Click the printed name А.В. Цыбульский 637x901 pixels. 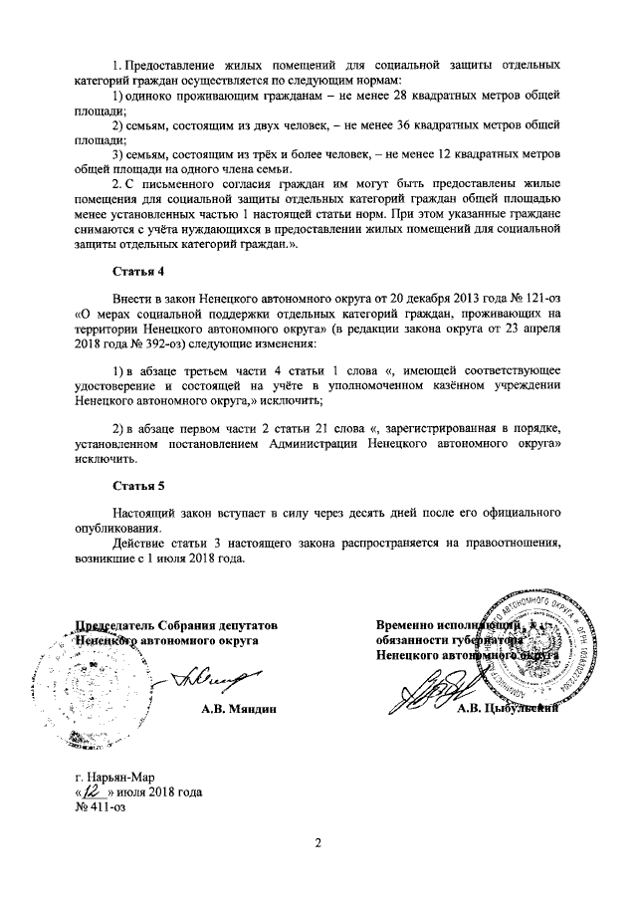pyautogui.click(x=508, y=709)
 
